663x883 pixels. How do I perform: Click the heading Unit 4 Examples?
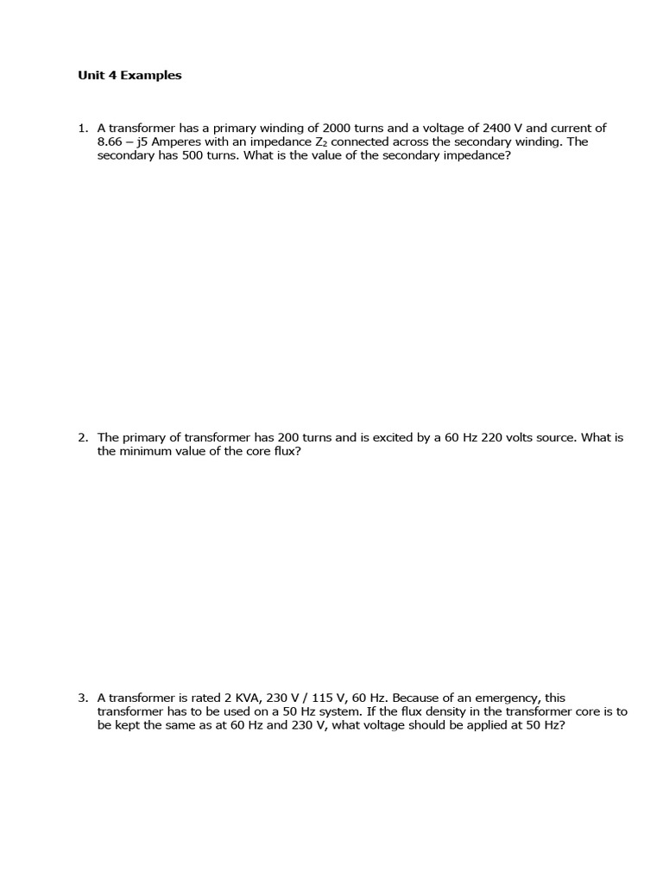129,75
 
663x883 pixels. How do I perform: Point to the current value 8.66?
110,141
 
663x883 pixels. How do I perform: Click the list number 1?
82,128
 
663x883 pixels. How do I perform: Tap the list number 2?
82,437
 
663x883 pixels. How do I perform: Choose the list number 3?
82,697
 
